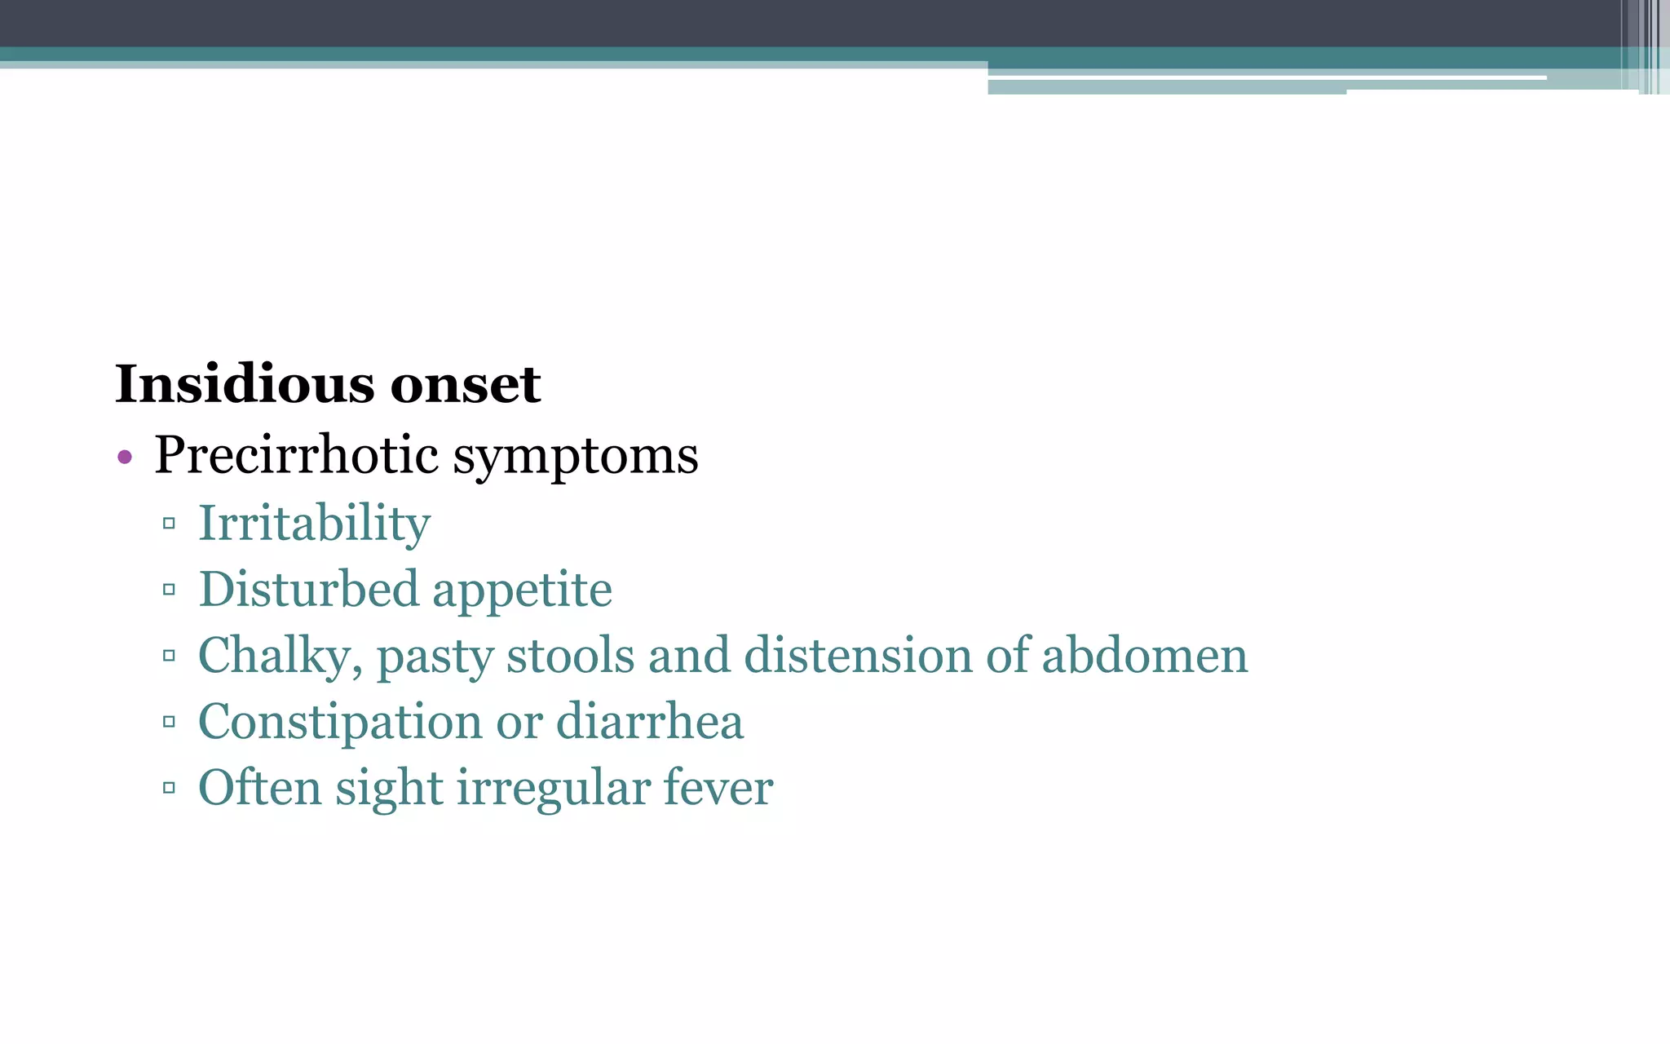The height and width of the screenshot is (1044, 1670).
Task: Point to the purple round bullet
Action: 125,457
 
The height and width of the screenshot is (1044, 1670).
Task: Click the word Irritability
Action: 314,524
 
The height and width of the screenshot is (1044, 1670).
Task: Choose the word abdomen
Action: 1145,656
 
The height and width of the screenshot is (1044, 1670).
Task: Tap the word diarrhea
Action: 649,722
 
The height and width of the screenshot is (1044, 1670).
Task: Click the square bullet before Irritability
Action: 169,524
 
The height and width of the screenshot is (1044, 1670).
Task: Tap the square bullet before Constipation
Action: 169,722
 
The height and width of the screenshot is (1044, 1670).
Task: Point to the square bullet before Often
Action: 169,788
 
